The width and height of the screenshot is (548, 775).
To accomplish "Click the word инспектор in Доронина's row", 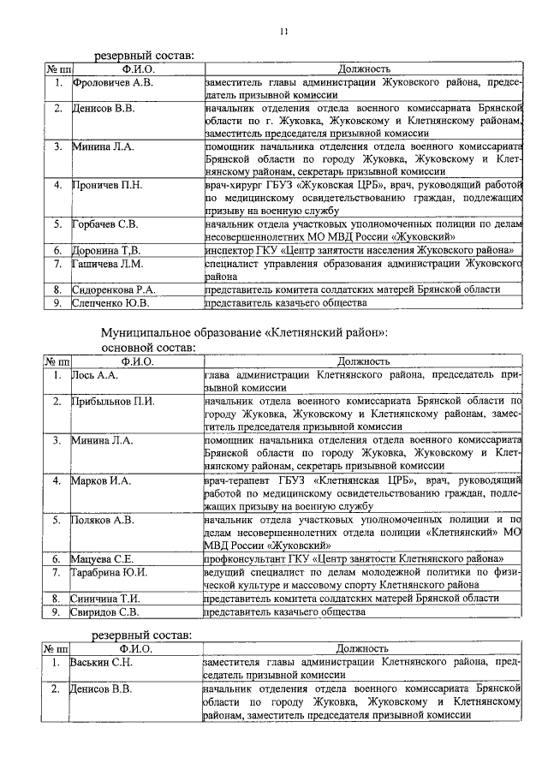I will tap(231, 250).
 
